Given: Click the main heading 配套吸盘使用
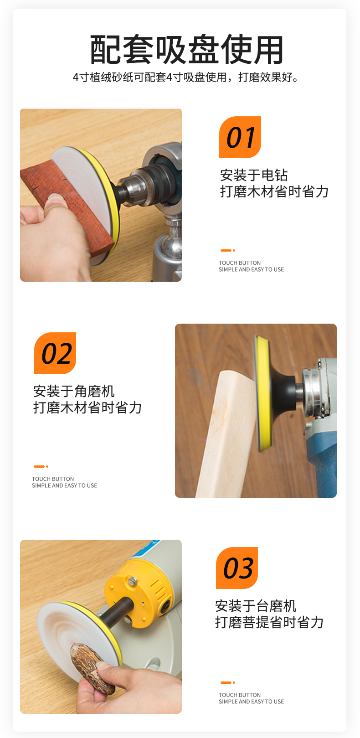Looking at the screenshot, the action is click(x=186, y=49).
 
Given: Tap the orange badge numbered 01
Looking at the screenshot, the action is click(x=240, y=137).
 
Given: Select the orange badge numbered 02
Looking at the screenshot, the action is click(x=55, y=353).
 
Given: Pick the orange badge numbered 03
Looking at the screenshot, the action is click(x=237, y=568).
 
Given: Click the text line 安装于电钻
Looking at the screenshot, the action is click(x=254, y=175).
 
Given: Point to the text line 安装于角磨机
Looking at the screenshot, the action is click(x=74, y=391).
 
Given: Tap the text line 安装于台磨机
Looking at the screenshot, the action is click(x=256, y=605).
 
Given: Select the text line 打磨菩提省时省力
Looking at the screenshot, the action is click(x=269, y=622).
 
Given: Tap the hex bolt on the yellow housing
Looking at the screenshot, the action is click(x=133, y=580).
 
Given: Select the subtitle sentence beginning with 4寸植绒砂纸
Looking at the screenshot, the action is click(x=186, y=77).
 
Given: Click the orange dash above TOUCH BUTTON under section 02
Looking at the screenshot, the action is click(x=39, y=466).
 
